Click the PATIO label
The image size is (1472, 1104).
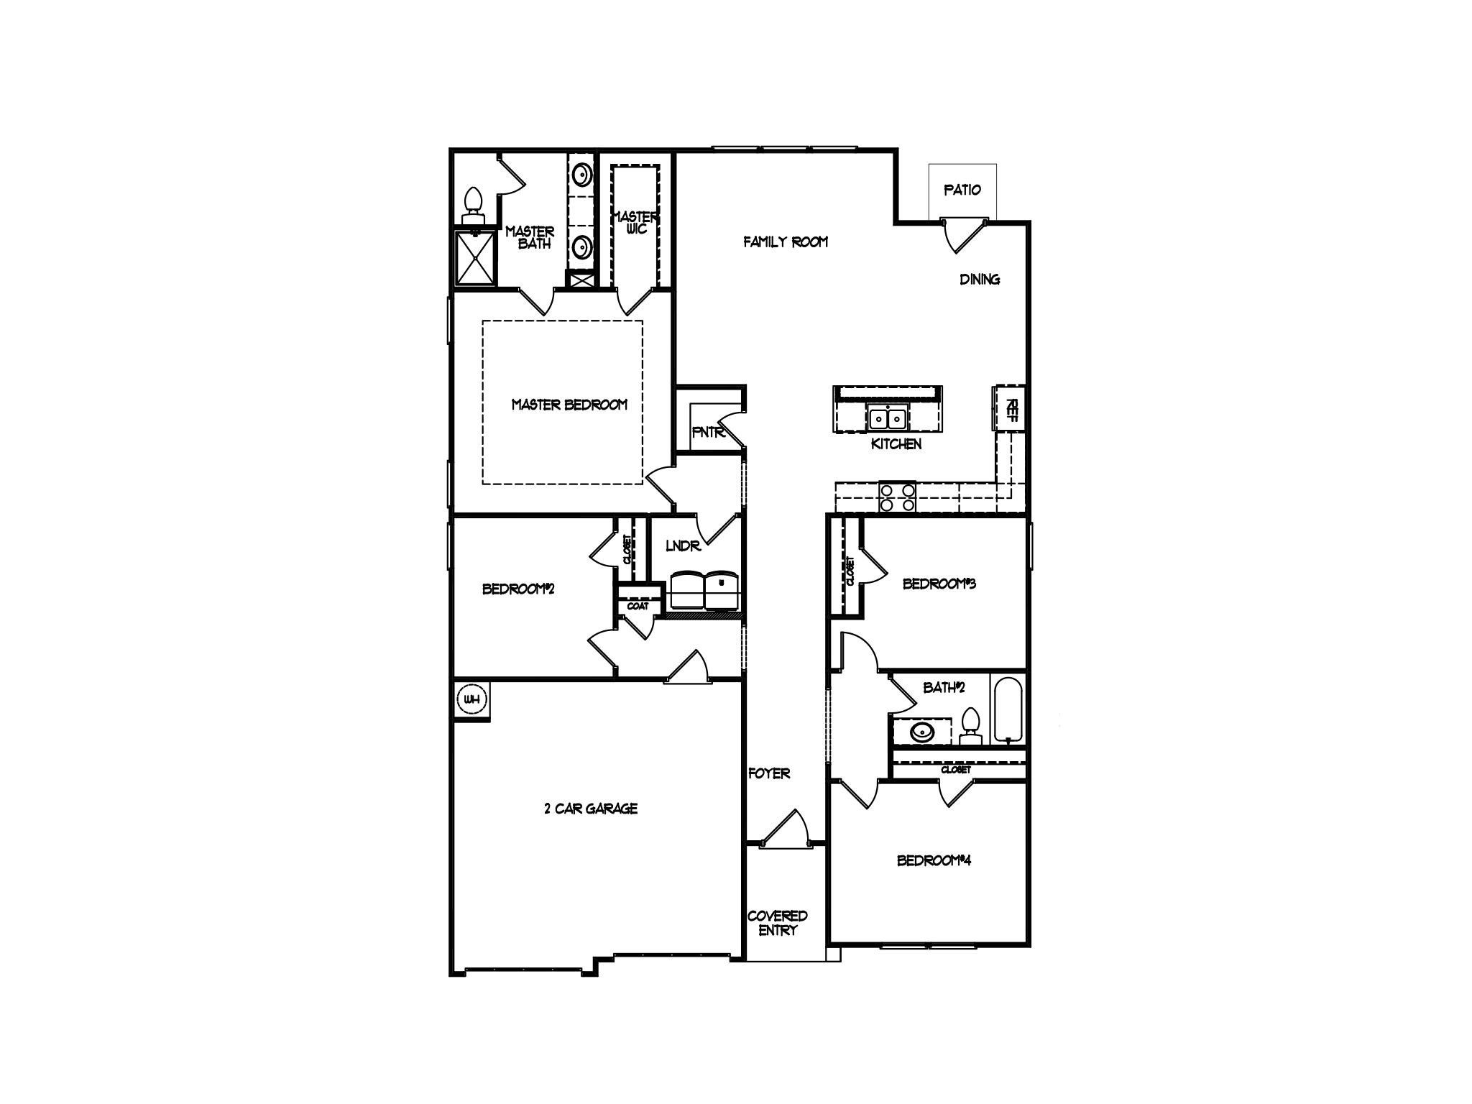962,190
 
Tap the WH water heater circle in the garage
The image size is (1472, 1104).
471,699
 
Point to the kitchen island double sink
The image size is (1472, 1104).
888,418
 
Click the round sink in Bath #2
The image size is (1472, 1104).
920,732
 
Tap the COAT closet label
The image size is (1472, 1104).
638,606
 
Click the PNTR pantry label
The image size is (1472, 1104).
708,433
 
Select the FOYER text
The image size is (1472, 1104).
769,773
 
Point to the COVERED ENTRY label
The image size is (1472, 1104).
777,923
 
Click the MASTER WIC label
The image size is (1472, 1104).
635,222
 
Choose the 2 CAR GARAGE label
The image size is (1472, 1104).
591,809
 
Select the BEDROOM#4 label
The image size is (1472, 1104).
934,860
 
